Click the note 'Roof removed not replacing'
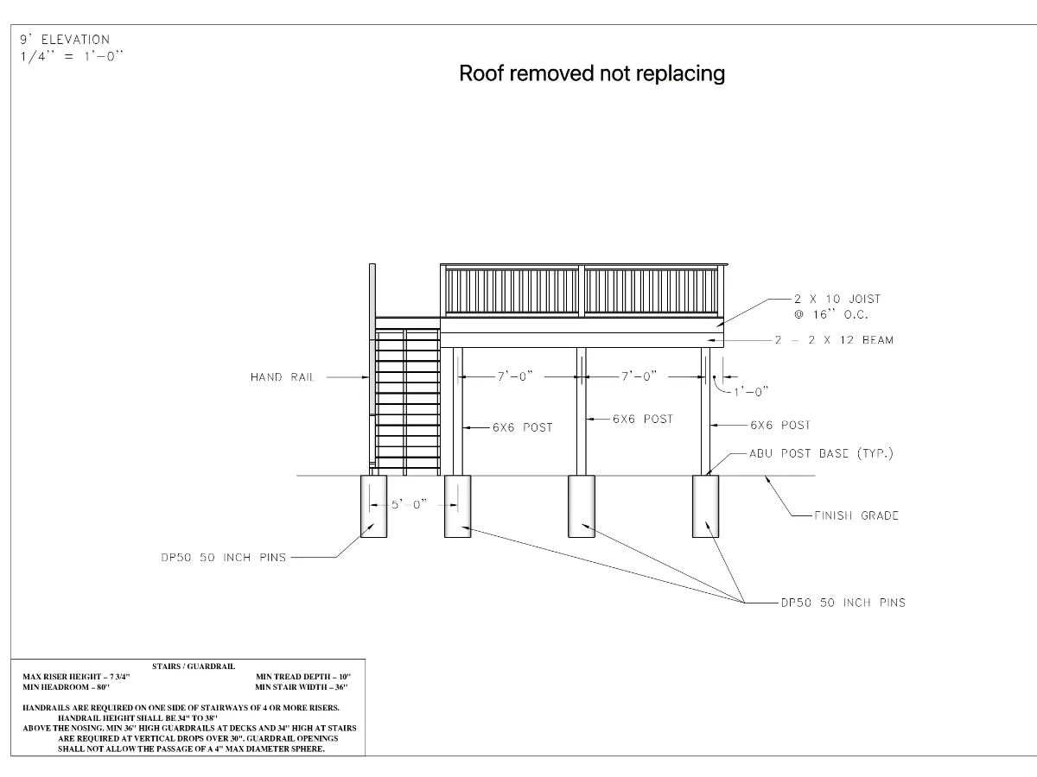click(591, 73)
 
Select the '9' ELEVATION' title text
click(65, 40)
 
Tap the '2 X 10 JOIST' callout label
click(837, 299)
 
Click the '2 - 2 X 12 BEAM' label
click(834, 340)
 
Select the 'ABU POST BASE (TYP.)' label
click(821, 453)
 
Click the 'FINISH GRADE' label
click(856, 515)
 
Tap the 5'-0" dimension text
click(409, 504)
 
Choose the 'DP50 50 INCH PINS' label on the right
click(843, 603)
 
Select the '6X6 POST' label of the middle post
click(642, 419)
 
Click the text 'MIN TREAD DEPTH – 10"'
click(302, 677)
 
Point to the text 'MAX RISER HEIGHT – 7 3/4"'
click(76, 677)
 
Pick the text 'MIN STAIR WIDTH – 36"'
click(301, 687)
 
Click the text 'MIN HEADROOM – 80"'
click(66, 687)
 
